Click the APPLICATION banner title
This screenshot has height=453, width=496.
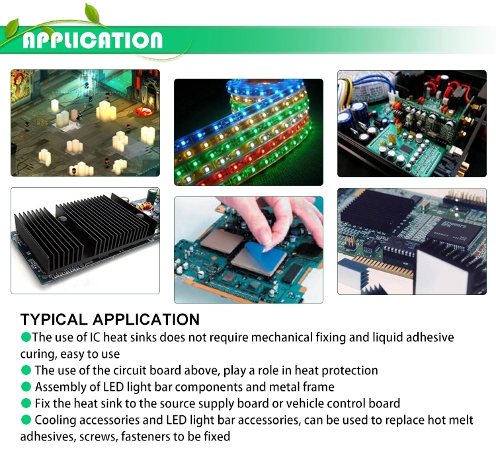[x=93, y=40]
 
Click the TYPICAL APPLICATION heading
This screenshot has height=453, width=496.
[x=110, y=319]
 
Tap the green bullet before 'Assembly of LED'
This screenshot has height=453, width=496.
[x=26, y=387]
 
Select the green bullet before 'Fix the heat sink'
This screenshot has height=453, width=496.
[x=26, y=403]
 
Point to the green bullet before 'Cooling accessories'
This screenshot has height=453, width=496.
[x=26, y=420]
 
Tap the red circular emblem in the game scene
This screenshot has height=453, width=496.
[x=145, y=110]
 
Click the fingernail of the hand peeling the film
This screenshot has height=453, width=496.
[x=265, y=237]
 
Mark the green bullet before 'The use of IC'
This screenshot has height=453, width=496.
[x=26, y=337]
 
